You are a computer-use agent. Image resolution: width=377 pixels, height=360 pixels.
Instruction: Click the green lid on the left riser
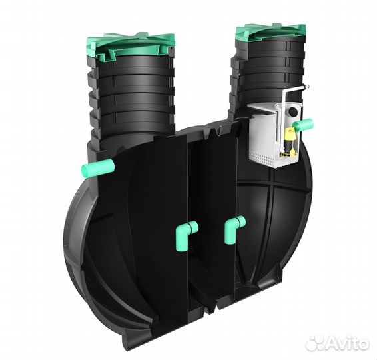(131, 47)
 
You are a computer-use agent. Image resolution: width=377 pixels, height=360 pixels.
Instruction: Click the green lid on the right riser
(270, 32)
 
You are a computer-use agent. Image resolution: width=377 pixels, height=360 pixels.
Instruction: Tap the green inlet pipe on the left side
(98, 168)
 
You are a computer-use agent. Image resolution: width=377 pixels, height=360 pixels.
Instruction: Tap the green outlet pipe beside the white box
(304, 125)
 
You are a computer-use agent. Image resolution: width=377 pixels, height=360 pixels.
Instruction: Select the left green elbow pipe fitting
(185, 233)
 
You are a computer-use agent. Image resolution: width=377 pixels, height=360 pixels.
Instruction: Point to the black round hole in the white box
(293, 111)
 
